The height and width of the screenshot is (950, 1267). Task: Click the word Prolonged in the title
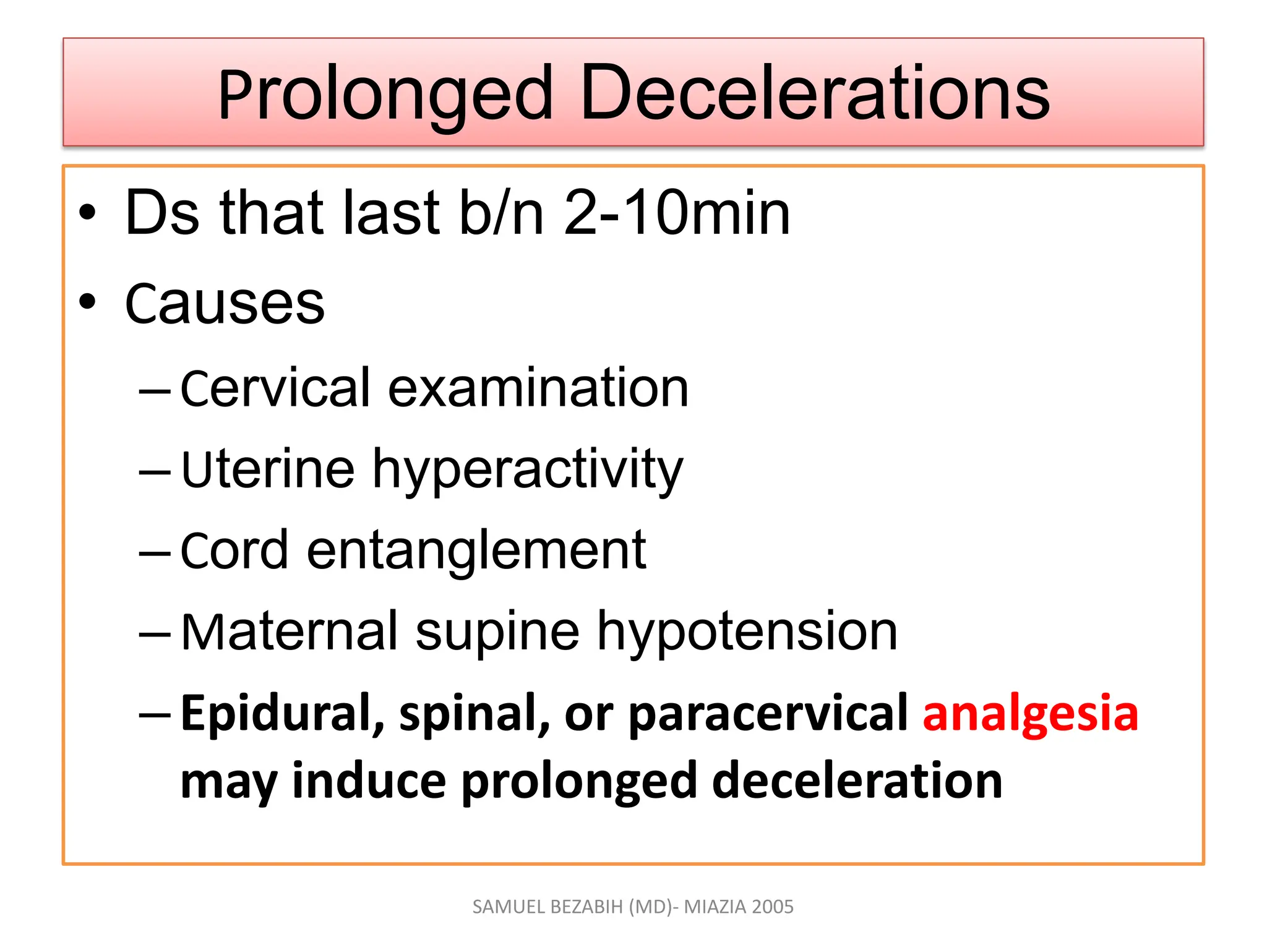pos(385,94)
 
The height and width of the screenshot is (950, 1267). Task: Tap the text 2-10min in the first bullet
pos(677,213)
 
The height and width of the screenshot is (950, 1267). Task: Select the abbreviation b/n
pos(500,213)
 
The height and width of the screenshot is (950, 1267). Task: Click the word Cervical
pos(275,388)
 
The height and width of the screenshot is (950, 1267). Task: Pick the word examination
pos(538,388)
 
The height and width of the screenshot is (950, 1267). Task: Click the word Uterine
pos(268,469)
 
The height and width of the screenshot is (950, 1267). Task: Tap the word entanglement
pos(476,550)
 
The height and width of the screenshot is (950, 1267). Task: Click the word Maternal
pos(289,631)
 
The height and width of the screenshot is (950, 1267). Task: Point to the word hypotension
pos(747,633)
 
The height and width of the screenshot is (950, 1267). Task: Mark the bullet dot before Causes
pos(88,302)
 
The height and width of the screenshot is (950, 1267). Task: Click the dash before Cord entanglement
pos(155,552)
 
